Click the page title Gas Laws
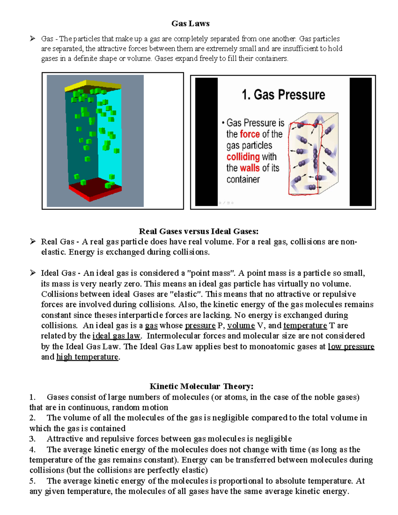pyautogui.click(x=190, y=24)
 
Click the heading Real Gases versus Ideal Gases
pyautogui.click(x=198, y=231)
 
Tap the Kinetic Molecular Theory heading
pyautogui.click(x=201, y=386)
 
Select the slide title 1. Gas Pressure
pyautogui.click(x=283, y=95)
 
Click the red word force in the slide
pyautogui.click(x=250, y=134)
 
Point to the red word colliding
pyautogui.click(x=243, y=157)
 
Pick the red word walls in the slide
pyautogui.click(x=250, y=168)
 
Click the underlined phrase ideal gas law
pyautogui.click(x=116, y=336)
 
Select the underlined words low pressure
pyautogui.click(x=351, y=347)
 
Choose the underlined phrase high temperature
pyautogui.click(x=87, y=357)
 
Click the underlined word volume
pyautogui.click(x=241, y=326)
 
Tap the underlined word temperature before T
pyautogui.click(x=305, y=326)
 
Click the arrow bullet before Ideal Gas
pyautogui.click(x=33, y=273)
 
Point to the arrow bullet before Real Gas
pyautogui.click(x=33, y=241)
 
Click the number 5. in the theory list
pyautogui.click(x=32, y=481)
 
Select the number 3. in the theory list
pyautogui.click(x=32, y=439)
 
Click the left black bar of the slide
pyautogui.click(x=206, y=142)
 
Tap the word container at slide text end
pyautogui.click(x=243, y=179)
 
